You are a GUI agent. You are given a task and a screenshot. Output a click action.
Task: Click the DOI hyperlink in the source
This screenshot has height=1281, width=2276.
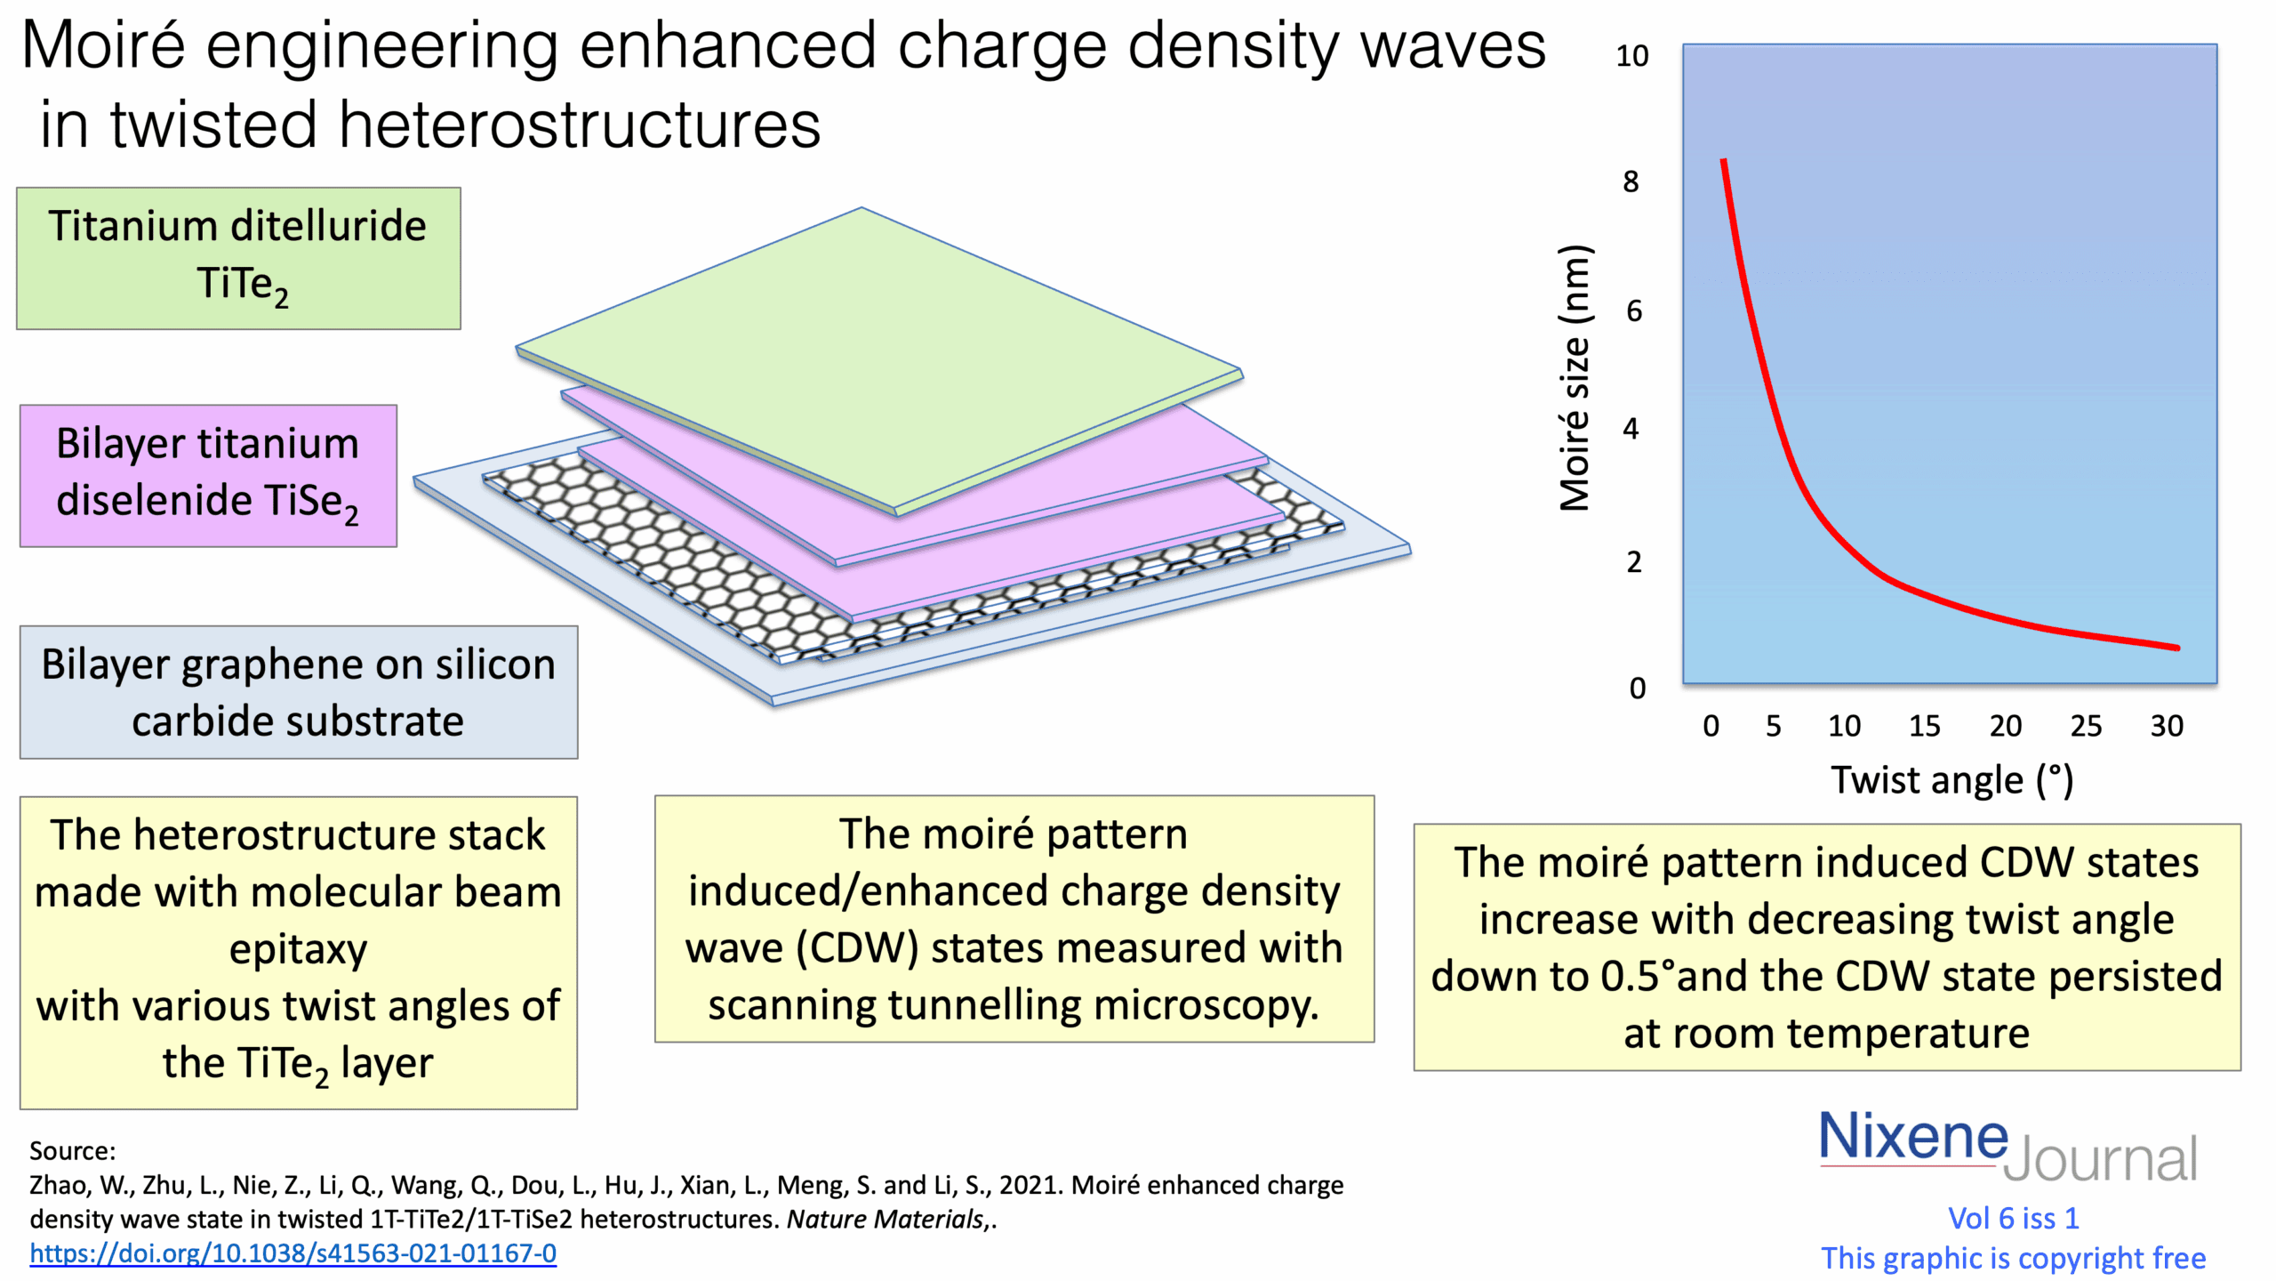pyautogui.click(x=293, y=1253)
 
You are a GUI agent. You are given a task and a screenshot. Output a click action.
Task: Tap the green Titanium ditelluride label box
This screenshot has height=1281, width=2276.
pyautogui.click(x=238, y=258)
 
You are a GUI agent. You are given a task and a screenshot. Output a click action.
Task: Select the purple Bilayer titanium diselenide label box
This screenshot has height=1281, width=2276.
pyautogui.click(x=208, y=475)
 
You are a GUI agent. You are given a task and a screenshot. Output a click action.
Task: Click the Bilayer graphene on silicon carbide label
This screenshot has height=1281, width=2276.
pyautogui.click(x=299, y=692)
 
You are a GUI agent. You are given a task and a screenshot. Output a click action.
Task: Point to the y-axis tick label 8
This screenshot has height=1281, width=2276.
pyautogui.click(x=1631, y=181)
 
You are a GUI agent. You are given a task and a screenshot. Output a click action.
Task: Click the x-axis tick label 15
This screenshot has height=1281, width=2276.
pyautogui.click(x=1924, y=726)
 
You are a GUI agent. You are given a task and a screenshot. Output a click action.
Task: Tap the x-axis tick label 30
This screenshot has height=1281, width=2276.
pyautogui.click(x=2167, y=726)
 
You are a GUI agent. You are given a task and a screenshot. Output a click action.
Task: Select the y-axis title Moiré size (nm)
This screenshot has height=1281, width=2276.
pyautogui.click(x=1575, y=378)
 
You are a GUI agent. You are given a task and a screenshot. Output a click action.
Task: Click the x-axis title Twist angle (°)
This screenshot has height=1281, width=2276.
pyautogui.click(x=1951, y=780)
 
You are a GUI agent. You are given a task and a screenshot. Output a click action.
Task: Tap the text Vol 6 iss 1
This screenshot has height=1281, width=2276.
pyautogui.click(x=2013, y=1218)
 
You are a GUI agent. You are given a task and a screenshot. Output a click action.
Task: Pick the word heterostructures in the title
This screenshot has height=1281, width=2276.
pyautogui.click(x=580, y=125)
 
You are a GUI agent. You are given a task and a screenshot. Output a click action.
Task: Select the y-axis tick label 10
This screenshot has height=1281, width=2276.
pyautogui.click(x=1631, y=56)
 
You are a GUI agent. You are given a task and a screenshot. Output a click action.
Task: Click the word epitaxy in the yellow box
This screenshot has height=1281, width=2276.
pyautogui.click(x=298, y=950)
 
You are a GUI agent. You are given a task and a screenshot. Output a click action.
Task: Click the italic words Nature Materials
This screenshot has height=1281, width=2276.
pyautogui.click(x=886, y=1219)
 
